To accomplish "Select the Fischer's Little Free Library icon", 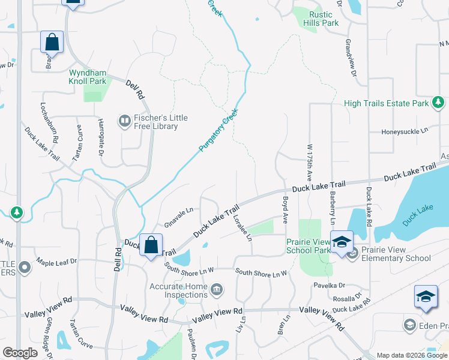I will [125, 122].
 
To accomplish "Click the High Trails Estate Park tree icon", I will [438, 103].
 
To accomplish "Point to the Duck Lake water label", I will [418, 215].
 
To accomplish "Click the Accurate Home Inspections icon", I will [217, 290].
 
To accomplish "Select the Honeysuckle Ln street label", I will [408, 131].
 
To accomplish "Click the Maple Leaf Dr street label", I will [56, 262].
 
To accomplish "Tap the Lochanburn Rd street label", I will [49, 122].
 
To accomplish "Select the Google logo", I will [20, 353].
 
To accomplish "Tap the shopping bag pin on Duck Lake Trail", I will [150, 245].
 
